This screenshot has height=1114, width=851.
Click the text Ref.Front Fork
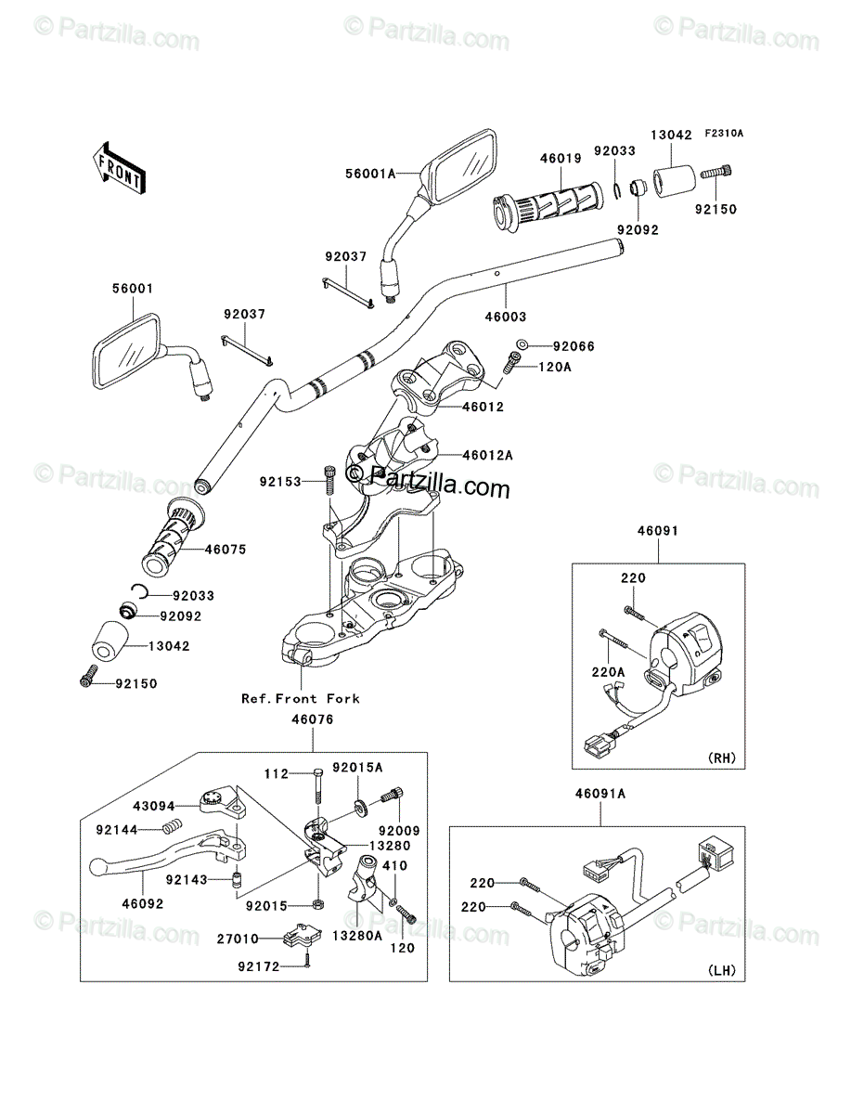coord(300,698)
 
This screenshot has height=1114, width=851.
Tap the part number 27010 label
coord(239,939)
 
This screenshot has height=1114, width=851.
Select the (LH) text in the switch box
coord(721,971)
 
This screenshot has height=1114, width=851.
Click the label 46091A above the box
coord(600,793)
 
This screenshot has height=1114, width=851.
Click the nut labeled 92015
coord(316,903)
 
